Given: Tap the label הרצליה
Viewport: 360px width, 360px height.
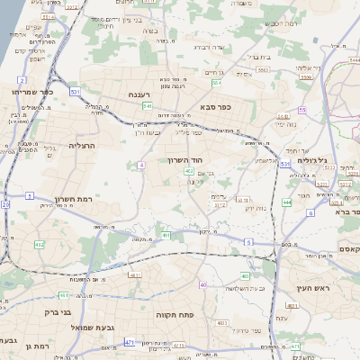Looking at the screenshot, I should tap(81, 144).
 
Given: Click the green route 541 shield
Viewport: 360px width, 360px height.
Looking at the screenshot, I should tap(147, 105).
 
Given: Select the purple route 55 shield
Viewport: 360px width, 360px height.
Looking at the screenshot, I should tap(302, 110).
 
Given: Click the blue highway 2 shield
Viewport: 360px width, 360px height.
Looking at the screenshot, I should tap(21, 80).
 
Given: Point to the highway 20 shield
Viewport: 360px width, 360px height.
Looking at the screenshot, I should tap(4, 204).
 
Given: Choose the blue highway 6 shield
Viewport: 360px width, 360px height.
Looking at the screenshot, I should tap(310, 212).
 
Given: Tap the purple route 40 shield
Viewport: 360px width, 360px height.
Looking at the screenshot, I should tap(203, 285).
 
